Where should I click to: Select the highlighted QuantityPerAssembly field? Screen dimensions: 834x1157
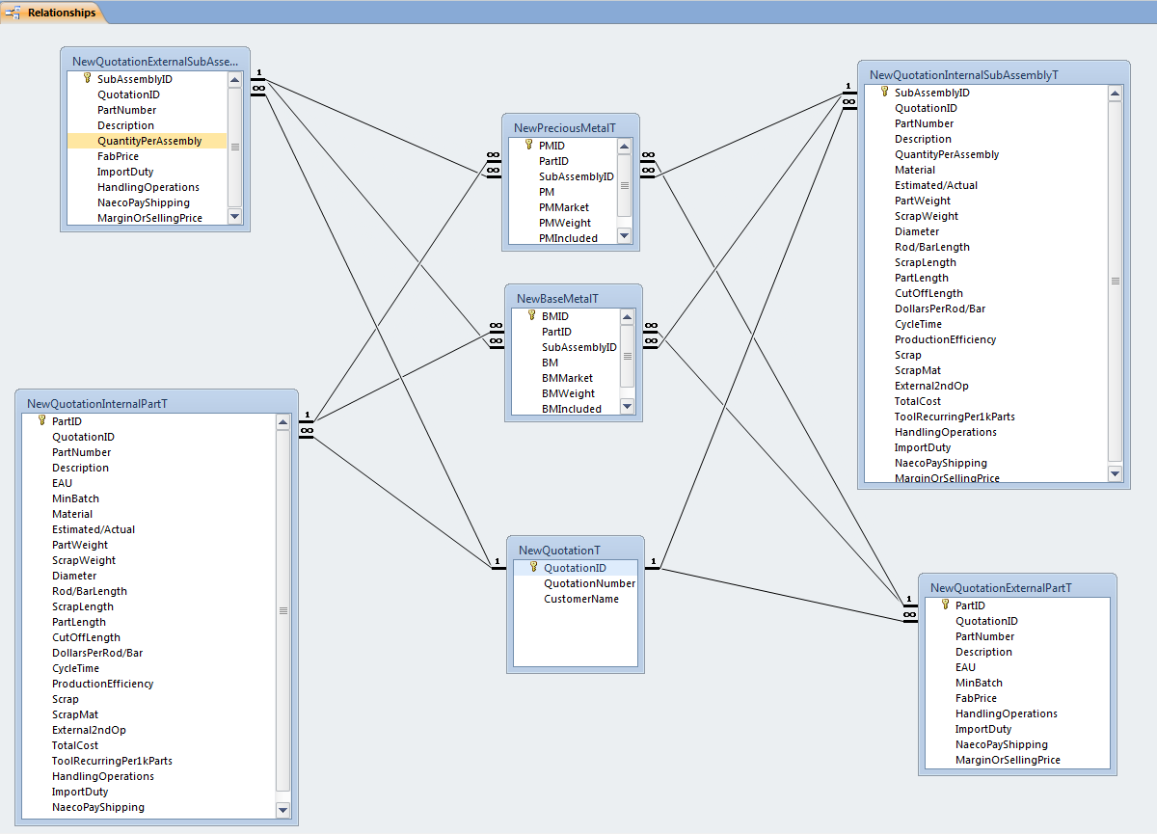149,141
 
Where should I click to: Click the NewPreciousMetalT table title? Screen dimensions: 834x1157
565,127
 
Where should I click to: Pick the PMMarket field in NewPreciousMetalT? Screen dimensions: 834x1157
564,207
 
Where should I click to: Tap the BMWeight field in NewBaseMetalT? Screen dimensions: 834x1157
568,393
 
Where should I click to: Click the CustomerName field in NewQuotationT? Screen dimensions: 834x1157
581,599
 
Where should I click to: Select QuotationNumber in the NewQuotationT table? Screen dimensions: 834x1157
589,583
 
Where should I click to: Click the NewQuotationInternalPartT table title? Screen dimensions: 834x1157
97,404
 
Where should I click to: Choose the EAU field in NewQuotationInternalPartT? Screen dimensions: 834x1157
62,483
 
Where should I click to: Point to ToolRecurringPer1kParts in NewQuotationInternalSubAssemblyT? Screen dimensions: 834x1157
955,417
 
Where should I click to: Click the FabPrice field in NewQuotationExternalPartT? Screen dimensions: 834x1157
976,698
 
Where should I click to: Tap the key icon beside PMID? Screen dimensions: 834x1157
528,145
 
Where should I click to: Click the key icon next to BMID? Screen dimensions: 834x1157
531,315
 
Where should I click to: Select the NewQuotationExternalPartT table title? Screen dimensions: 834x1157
1001,587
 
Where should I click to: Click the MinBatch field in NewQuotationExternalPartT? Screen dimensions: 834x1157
979,683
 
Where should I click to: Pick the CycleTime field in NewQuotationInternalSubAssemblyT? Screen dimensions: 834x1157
918,324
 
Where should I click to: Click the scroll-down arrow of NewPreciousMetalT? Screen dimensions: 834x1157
624,236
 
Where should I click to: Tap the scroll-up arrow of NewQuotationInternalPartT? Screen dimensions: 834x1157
283,422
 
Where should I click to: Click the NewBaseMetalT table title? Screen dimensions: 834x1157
557,299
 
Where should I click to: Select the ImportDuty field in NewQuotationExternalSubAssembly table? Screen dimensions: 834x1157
125,172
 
